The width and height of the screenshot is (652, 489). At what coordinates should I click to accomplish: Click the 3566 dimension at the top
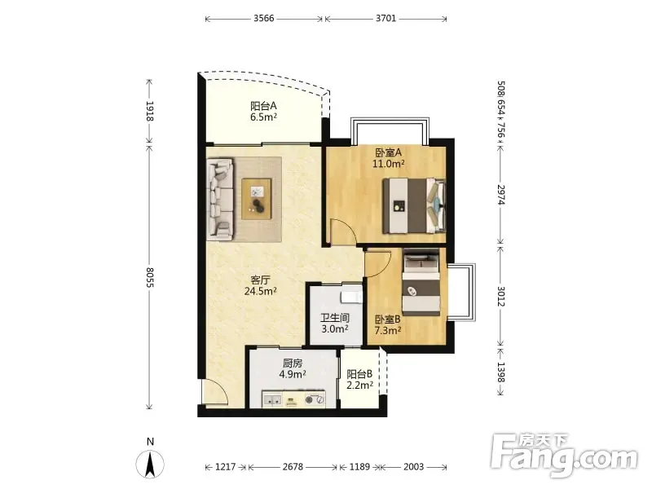264,18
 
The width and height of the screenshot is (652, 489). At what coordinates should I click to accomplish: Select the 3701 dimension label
385,18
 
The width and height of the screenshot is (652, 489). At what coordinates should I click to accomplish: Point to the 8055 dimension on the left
150,277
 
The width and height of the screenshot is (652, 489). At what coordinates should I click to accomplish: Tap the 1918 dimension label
150,111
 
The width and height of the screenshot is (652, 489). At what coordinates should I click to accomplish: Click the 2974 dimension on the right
500,195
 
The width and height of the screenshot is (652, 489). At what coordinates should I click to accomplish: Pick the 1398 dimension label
500,372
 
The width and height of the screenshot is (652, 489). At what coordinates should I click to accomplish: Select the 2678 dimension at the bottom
293,467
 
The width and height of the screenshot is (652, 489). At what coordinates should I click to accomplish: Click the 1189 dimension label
359,467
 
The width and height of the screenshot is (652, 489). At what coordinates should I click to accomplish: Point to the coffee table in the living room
257,199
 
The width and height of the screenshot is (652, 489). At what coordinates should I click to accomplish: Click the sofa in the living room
220,199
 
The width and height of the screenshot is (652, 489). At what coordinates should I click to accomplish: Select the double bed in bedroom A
414,205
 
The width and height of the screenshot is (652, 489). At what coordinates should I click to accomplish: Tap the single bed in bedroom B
421,282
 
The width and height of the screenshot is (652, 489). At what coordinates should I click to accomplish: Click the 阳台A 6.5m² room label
263,112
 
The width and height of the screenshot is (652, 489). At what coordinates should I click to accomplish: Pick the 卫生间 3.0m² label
335,324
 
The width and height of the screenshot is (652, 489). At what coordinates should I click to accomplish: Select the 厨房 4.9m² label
293,369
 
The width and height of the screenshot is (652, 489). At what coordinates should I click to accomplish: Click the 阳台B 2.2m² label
359,380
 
